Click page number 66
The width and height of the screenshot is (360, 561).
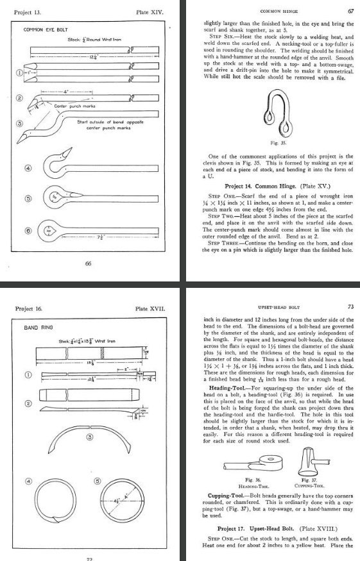89,262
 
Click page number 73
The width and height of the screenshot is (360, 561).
350,308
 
